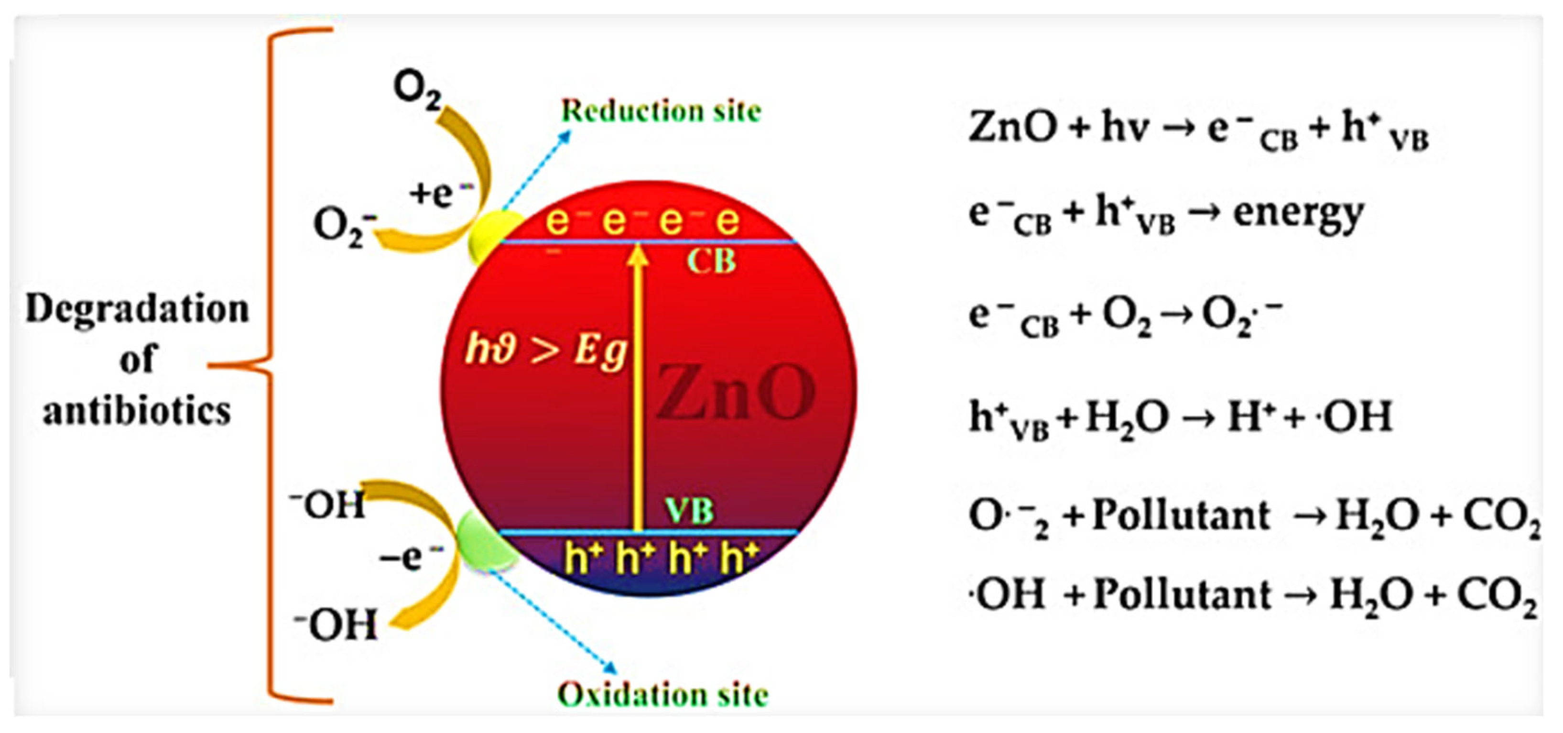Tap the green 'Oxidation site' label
(662, 694)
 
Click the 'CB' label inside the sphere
(711, 262)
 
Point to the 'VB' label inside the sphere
(689, 511)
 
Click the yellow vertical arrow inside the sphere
(637, 388)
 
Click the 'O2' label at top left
(417, 91)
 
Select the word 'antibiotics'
(137, 411)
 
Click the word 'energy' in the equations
(1299, 214)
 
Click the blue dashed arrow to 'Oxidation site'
(552, 619)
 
